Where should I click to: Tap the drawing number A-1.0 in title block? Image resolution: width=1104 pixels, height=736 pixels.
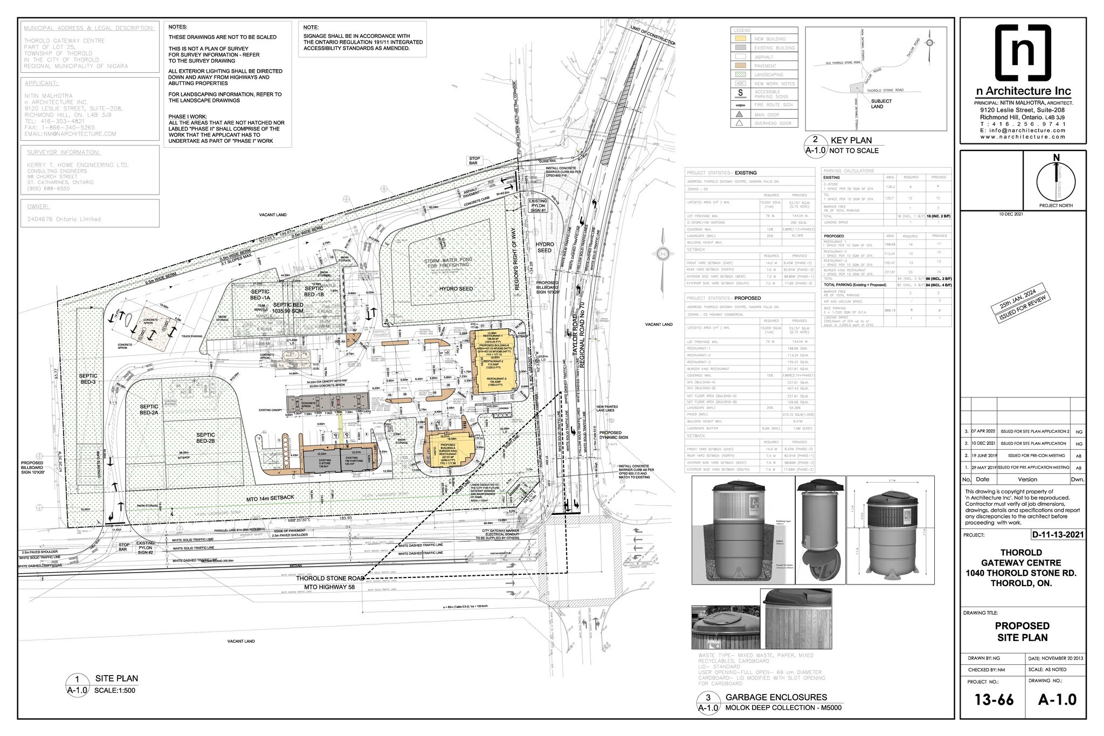pos(1057,699)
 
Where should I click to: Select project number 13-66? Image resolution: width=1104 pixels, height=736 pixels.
pos(993,699)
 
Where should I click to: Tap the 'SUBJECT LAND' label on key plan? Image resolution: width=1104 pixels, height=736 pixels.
pos(881,104)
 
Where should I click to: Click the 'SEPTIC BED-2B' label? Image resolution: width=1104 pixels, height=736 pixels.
pos(205,438)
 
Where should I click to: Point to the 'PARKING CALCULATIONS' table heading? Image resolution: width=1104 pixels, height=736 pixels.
pos(848,171)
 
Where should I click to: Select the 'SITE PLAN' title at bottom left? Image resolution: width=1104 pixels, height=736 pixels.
pos(116,678)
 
